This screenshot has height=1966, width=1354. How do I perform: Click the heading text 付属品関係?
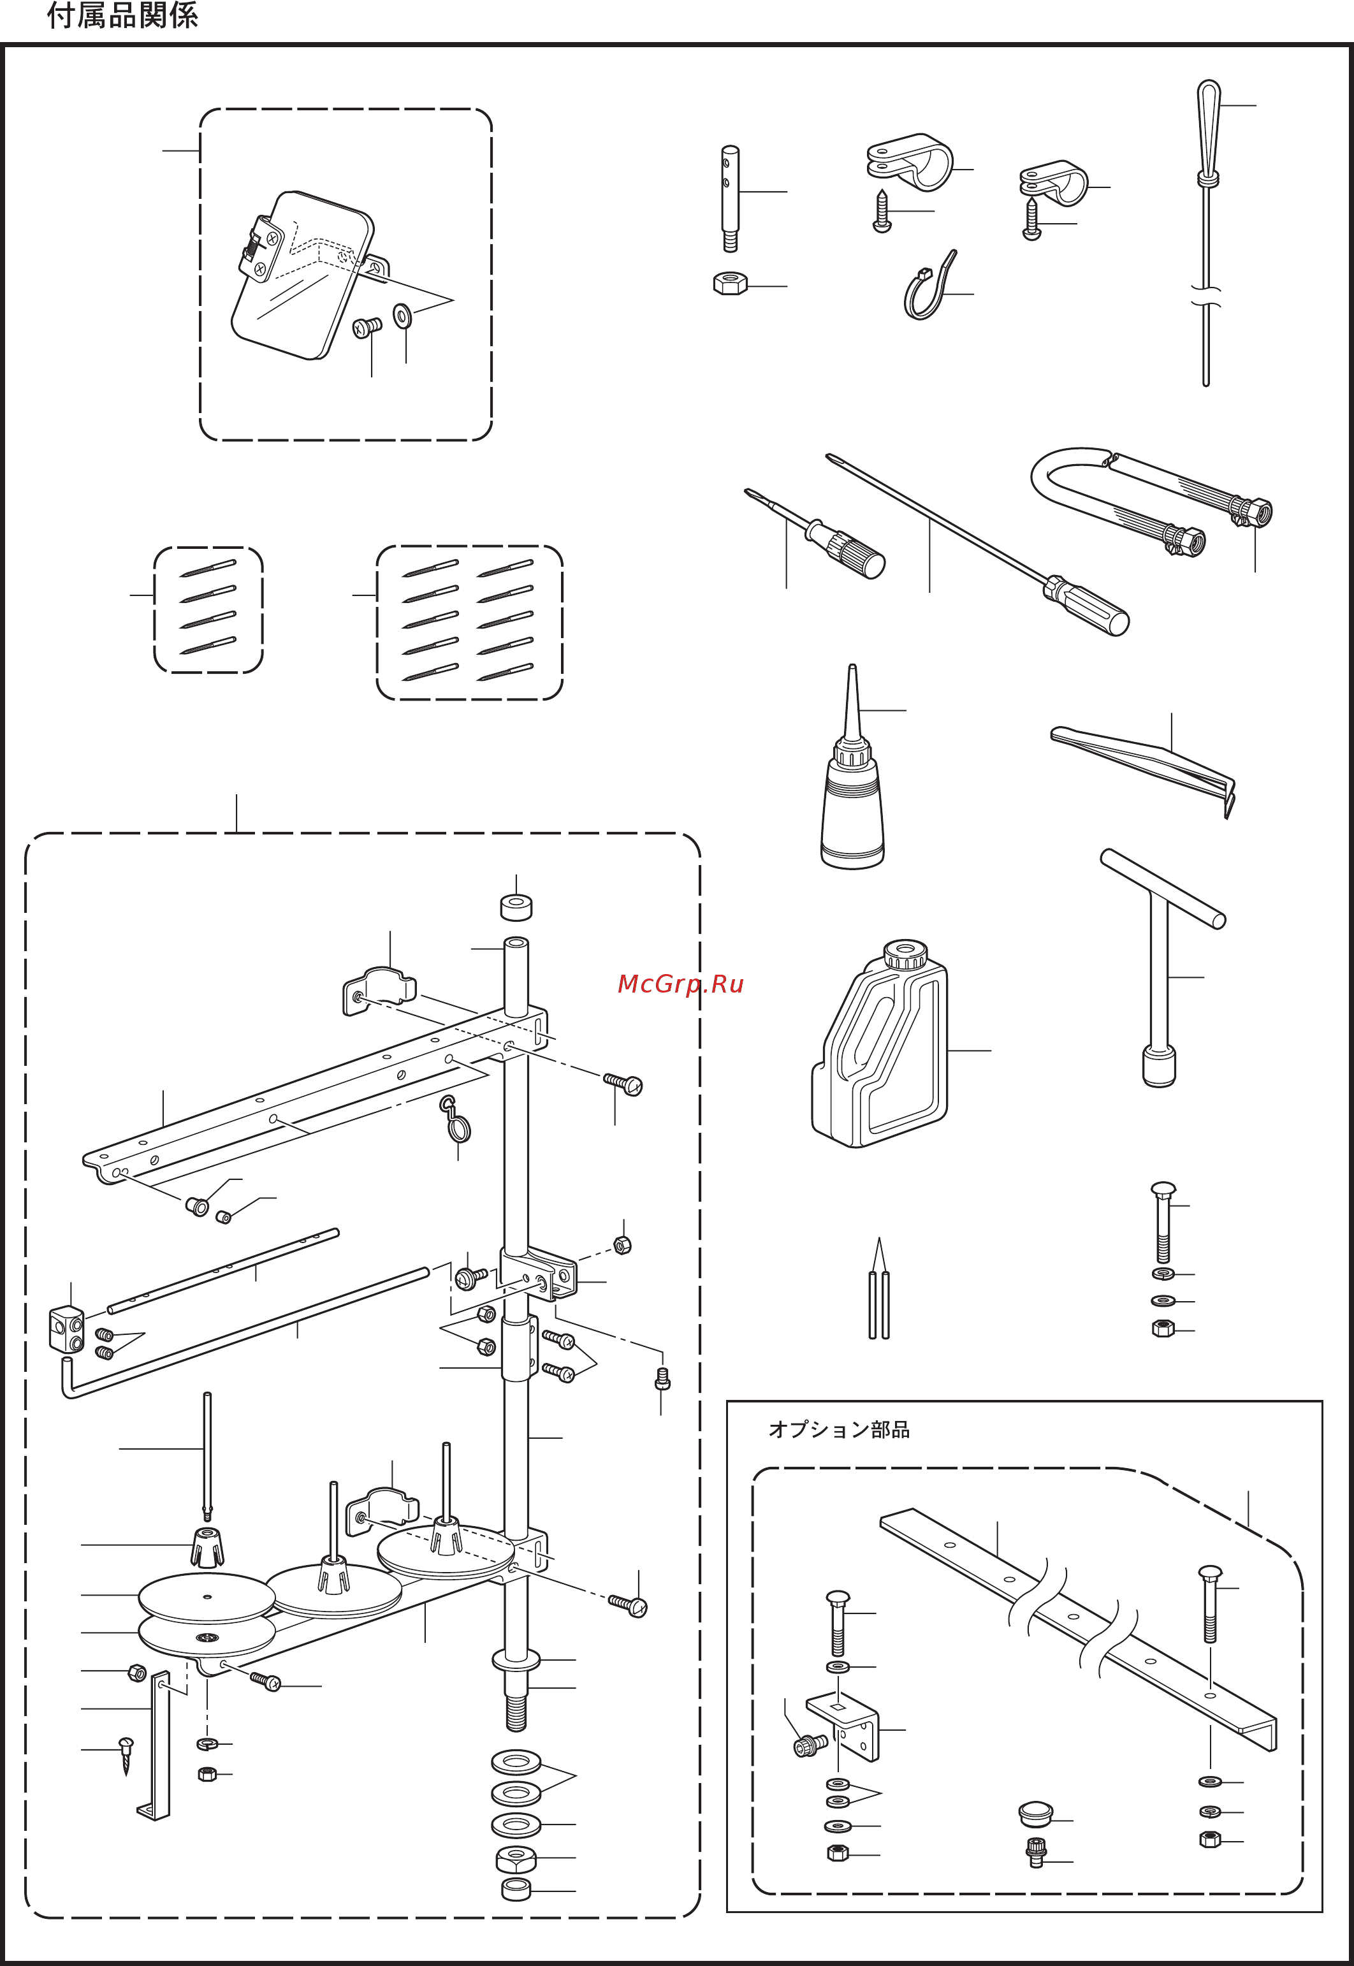122,15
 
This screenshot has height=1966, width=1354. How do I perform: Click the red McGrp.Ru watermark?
680,983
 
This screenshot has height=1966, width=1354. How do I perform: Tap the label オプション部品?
838,1429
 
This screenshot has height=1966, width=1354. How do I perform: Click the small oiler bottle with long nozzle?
852,797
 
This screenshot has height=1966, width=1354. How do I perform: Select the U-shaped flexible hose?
1103,492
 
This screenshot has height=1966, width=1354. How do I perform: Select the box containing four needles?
208,610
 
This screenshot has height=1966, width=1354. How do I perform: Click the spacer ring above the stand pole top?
516,907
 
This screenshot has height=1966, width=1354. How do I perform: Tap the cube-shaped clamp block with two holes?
67,1327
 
